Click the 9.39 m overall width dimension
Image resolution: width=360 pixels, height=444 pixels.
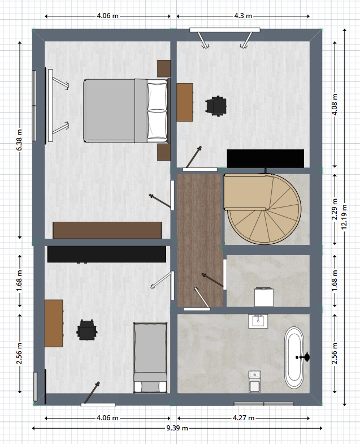pos(177,428)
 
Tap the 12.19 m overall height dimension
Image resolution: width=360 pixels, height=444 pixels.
pos(344,217)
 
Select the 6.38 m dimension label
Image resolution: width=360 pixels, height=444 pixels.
pos(19,140)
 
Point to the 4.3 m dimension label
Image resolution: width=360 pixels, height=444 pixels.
pos(243,16)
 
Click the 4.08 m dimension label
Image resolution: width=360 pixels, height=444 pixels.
pos(335,105)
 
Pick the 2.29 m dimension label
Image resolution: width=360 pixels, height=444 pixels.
pos(335,209)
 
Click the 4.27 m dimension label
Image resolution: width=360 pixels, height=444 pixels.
pos(244,418)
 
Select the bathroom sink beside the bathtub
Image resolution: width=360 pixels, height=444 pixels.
pos(258,321)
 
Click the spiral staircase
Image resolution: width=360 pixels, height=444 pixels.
pos(263,209)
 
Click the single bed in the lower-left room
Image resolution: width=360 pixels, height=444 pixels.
pos(150,357)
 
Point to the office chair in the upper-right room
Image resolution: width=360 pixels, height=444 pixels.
pos(216,106)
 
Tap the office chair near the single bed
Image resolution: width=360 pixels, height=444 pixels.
pos(87,330)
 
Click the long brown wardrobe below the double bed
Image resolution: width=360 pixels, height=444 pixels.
pos(107,230)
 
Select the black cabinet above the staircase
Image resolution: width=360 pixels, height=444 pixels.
pos(266,158)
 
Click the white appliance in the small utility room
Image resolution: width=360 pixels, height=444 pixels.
pos(264,297)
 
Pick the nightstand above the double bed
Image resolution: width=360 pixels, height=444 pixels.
pos(164,68)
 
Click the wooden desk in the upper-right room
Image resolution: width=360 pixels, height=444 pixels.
pos(185,102)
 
